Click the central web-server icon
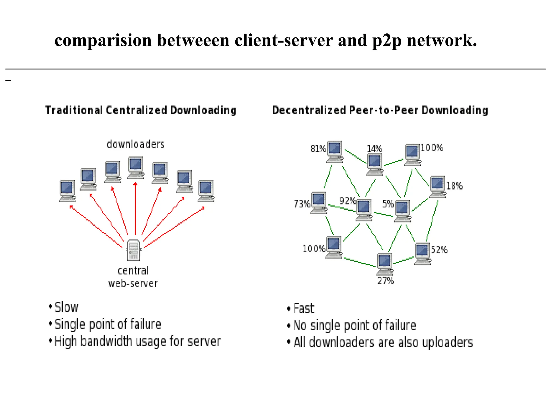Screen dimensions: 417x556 pyautogui.click(x=134, y=250)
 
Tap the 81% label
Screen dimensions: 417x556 pyautogui.click(x=318, y=149)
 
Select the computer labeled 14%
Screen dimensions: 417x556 pyautogui.click(x=375, y=164)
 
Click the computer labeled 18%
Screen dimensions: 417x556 pyautogui.click(x=437, y=186)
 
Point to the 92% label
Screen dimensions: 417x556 pyautogui.click(x=347, y=201)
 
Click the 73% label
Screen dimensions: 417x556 pyautogui.click(x=302, y=204)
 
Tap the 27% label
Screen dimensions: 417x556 pyautogui.click(x=386, y=280)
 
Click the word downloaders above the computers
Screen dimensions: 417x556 pyautogui.click(x=135, y=144)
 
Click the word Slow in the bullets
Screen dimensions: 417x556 pyautogui.click(x=67, y=307)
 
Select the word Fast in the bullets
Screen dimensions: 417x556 pyautogui.click(x=304, y=308)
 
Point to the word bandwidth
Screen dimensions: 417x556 pyautogui.click(x=106, y=341)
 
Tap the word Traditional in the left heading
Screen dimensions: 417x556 pyautogui.click(x=74, y=110)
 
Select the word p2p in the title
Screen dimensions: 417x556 pyautogui.click(x=387, y=40)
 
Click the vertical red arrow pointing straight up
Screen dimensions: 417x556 pyautogui.click(x=135, y=209)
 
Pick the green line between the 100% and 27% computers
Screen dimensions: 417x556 pyautogui.click(x=360, y=262)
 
